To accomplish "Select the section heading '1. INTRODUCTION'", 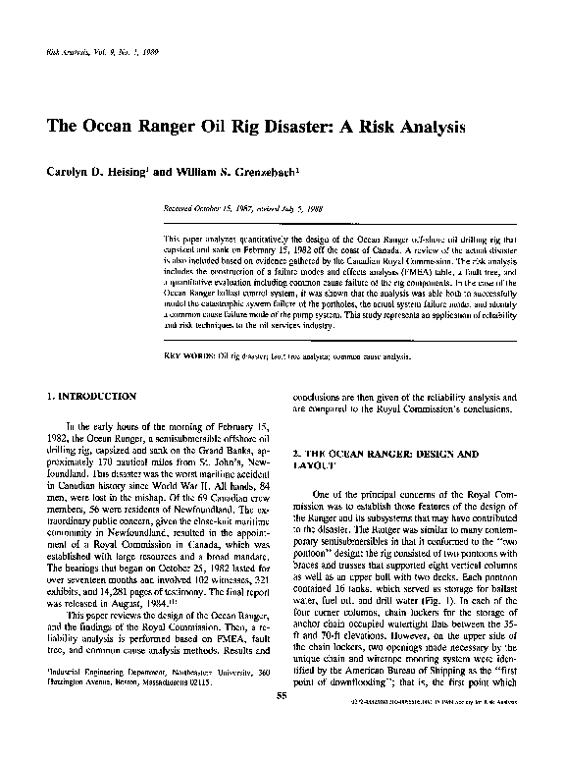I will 92,396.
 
